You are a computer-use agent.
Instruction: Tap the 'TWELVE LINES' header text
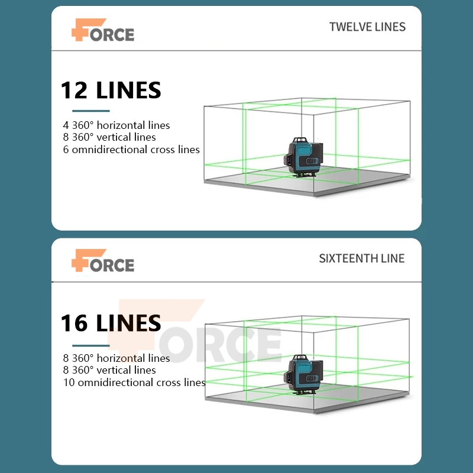click(367, 27)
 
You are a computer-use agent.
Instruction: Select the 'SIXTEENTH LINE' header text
click(362, 258)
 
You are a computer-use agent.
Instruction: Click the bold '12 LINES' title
click(111, 90)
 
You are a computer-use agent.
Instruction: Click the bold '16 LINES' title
click(111, 323)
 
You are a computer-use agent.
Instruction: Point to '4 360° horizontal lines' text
click(116, 125)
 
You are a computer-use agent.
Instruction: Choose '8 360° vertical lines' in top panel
click(109, 137)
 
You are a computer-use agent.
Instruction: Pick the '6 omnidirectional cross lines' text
click(131, 150)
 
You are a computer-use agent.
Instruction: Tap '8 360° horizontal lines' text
click(116, 358)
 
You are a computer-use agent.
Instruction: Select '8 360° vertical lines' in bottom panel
click(109, 370)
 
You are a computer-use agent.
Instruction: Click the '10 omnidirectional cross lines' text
click(134, 383)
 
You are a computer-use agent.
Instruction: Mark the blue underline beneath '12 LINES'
click(91, 111)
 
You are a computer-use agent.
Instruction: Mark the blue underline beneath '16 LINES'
click(91, 345)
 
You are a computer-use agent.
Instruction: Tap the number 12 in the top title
click(74, 90)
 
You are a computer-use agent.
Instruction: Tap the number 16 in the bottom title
click(74, 323)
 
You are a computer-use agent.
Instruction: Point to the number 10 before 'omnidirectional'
click(68, 383)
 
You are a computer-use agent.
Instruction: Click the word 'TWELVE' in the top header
click(348, 27)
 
